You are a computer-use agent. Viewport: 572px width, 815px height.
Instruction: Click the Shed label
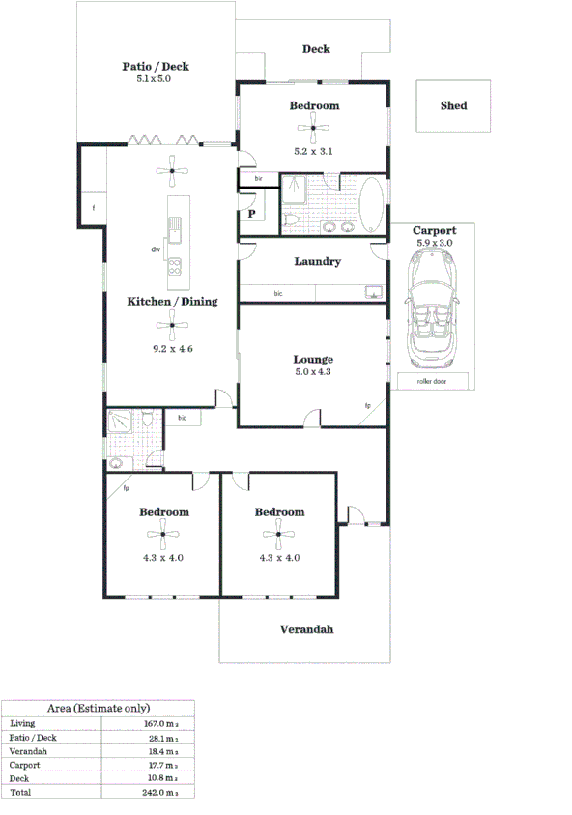coord(453,105)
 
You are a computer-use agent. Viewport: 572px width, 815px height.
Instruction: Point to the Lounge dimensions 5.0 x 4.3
coord(313,371)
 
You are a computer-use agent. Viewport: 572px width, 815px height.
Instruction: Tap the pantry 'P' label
coord(251,214)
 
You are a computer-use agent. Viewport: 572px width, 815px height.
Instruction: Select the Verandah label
coord(306,629)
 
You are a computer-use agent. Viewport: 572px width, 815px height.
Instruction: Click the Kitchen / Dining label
coord(172,302)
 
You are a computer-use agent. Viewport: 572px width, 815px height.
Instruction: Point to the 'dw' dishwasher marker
coord(155,249)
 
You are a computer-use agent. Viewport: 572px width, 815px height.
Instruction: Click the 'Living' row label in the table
coord(21,723)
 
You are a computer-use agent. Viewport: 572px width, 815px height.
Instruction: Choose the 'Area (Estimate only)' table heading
coord(99,708)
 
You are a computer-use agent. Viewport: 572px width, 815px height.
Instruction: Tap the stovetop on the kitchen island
coord(176,268)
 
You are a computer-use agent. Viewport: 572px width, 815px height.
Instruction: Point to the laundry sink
coord(372,291)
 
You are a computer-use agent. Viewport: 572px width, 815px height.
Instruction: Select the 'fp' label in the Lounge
coord(367,405)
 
